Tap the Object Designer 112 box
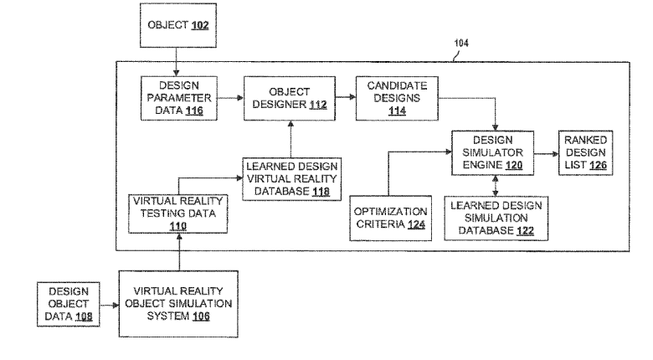point(284,98)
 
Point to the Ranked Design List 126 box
point(586,152)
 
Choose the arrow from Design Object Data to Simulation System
point(108,306)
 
